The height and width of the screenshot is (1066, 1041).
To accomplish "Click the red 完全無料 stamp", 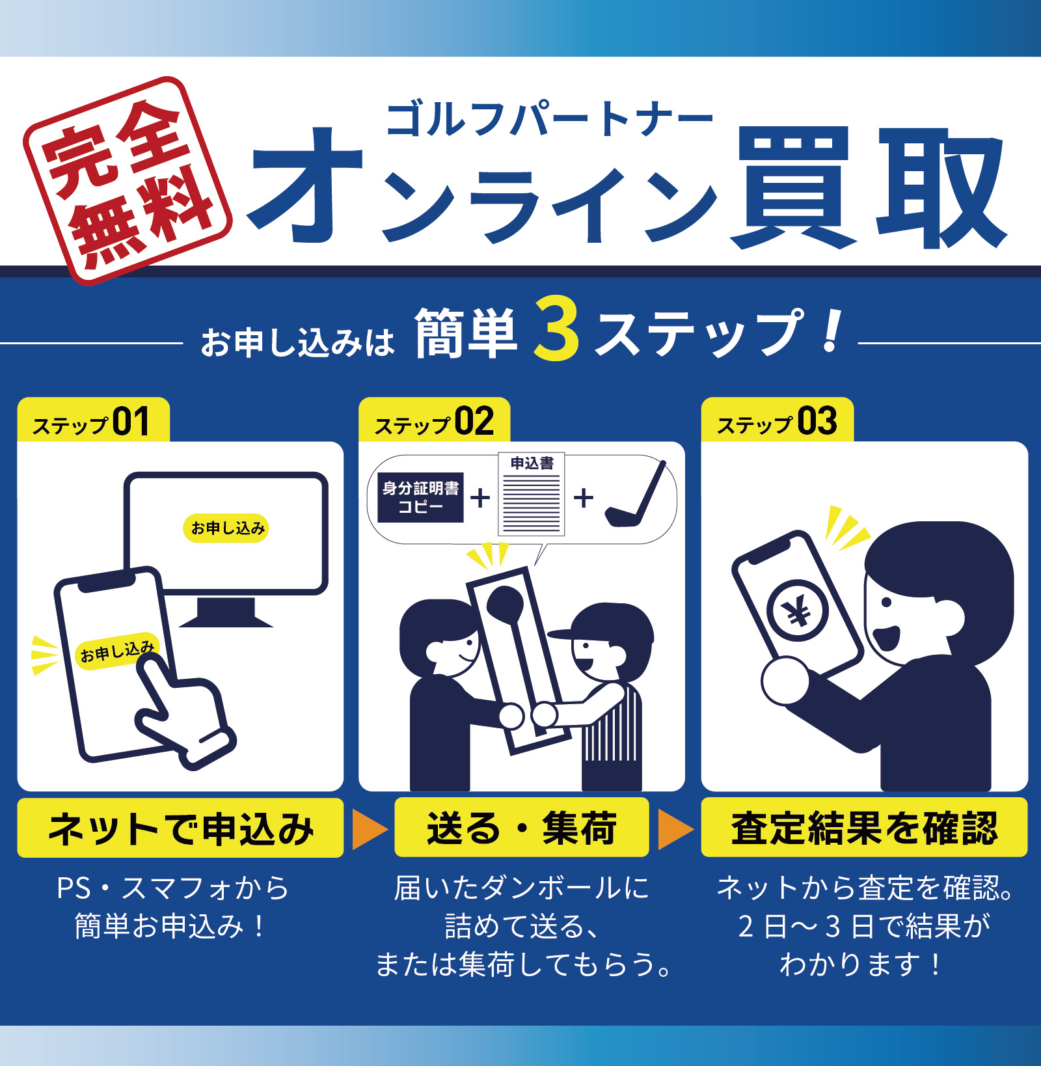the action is pos(128,181).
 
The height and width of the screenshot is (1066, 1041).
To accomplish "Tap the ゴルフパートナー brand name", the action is pos(550,119).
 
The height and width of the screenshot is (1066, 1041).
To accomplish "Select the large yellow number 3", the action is pos(556,329).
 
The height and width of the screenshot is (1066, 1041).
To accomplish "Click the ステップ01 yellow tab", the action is pos(93,420).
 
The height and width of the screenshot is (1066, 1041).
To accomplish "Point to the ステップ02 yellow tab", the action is pos(434,420).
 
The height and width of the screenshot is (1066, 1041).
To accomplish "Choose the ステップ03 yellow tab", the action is pos(777,420).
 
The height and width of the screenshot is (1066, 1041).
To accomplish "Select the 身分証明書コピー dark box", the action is pos(421,497).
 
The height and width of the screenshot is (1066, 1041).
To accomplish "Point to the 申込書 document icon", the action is pos(532,494).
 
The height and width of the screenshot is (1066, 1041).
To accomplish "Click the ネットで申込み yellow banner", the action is pos(180,828).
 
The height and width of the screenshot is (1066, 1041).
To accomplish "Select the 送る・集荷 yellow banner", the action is pos(522,828).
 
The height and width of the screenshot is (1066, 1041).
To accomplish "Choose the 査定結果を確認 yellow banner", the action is pos(864,828).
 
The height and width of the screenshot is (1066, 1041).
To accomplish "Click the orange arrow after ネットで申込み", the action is pos(369,829).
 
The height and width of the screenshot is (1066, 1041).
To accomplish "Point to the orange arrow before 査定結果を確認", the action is pos(675,829).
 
